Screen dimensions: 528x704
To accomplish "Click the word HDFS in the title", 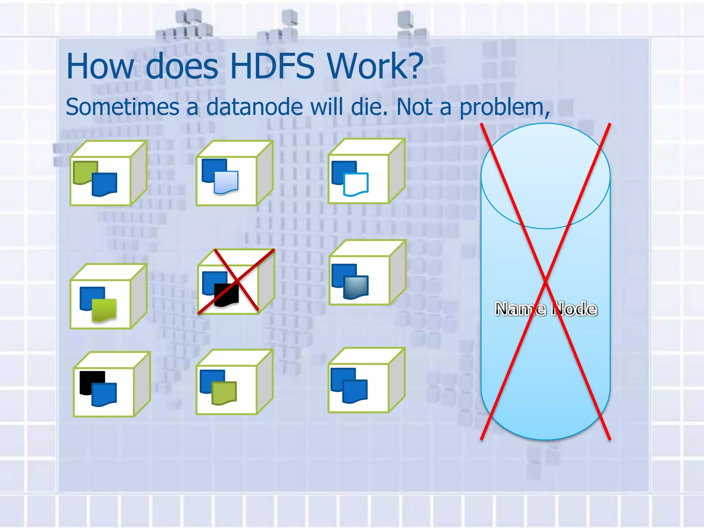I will point(272,66).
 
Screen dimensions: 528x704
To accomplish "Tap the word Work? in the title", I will point(375,66).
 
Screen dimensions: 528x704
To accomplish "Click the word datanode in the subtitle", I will point(254,107).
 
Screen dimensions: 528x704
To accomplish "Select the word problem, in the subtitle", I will point(505,108).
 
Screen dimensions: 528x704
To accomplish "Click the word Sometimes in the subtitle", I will point(122,107).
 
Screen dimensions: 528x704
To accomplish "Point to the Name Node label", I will point(546,309).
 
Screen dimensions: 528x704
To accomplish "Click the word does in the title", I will point(182,66).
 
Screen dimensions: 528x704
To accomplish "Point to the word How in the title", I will point(100,66).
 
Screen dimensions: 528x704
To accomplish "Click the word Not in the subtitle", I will point(414,107).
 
